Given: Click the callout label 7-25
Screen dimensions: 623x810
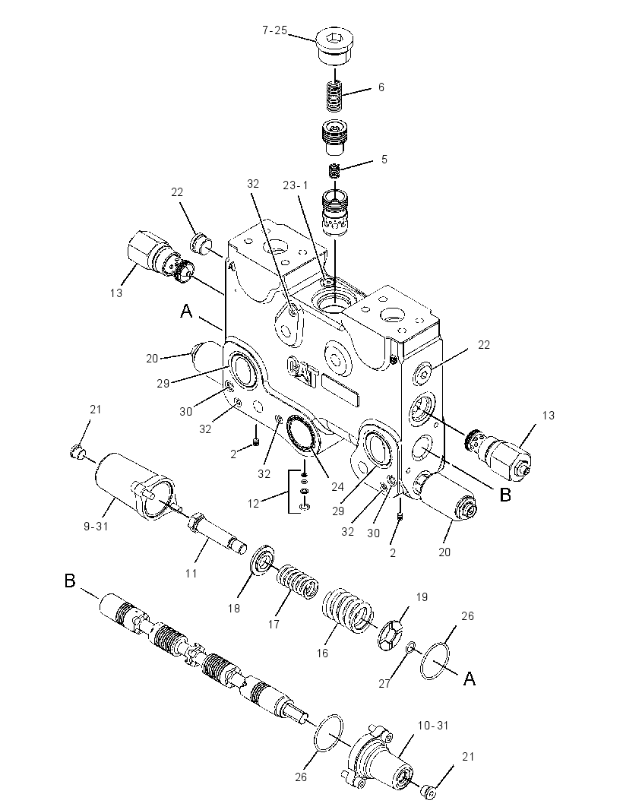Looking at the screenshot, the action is coord(274,30).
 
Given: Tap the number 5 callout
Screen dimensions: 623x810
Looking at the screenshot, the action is coord(384,159).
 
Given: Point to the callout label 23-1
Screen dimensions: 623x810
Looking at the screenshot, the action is coord(295,185).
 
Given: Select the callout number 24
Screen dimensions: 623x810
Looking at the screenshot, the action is coord(338,486).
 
